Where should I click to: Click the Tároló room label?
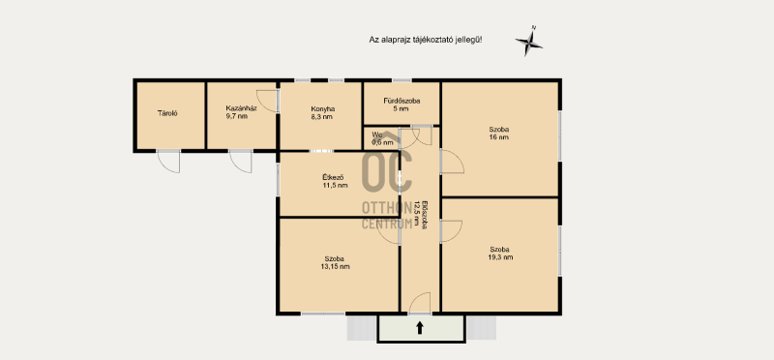(167, 113)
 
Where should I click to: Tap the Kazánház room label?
(241, 108)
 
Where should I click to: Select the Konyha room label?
(323, 109)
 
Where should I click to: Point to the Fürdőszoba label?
(402, 101)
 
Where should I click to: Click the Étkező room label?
(334, 177)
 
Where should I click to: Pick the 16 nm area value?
(499, 137)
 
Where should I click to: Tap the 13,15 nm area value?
(335, 267)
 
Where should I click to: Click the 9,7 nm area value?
(237, 116)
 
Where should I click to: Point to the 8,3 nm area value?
(322, 117)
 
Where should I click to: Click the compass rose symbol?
(529, 43)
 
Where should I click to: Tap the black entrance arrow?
(420, 328)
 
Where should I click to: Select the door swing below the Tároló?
(168, 162)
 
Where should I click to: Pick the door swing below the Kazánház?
(241, 162)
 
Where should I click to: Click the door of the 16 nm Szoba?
(453, 162)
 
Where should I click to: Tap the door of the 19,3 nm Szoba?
(452, 231)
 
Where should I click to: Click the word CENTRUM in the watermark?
(387, 224)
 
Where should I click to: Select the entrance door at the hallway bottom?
(420, 303)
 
